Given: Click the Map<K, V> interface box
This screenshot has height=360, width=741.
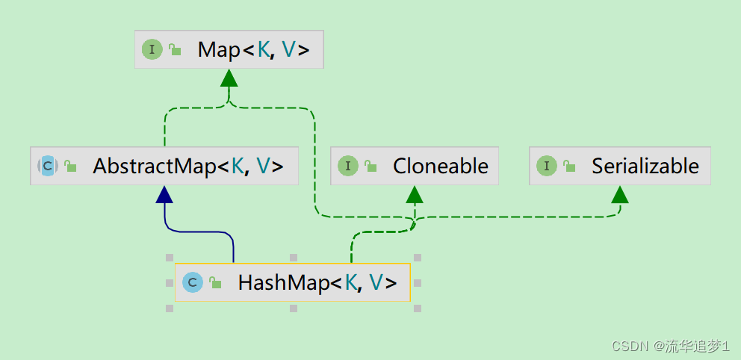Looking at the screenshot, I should click(x=229, y=50).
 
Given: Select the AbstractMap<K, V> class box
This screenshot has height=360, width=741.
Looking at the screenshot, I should click(x=164, y=166).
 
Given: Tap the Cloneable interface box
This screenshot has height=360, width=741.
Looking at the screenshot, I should click(x=414, y=166).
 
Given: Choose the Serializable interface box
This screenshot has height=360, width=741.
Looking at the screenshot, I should click(x=620, y=166).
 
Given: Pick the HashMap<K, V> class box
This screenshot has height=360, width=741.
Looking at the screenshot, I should click(x=292, y=282).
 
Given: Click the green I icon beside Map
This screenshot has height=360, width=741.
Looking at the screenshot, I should click(x=152, y=50).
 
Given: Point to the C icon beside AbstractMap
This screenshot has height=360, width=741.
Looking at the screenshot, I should click(x=48, y=166).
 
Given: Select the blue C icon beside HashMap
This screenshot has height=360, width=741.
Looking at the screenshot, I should click(x=193, y=282).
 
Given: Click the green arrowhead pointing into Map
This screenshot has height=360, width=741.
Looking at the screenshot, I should click(x=229, y=78).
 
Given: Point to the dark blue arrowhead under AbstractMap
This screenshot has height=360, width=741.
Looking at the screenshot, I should click(x=164, y=194).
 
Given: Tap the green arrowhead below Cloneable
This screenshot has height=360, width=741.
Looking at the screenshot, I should click(x=415, y=194).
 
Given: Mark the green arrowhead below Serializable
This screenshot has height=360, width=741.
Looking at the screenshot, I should click(x=620, y=194).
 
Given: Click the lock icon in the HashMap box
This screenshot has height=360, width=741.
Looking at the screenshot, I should click(x=215, y=282).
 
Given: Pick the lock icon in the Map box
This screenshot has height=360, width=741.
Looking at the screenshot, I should click(x=174, y=50).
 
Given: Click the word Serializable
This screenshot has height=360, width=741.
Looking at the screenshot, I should click(x=645, y=166).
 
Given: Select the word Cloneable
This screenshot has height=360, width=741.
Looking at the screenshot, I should click(x=441, y=166).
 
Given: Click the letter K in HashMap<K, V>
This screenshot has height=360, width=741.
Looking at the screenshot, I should click(x=350, y=282).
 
